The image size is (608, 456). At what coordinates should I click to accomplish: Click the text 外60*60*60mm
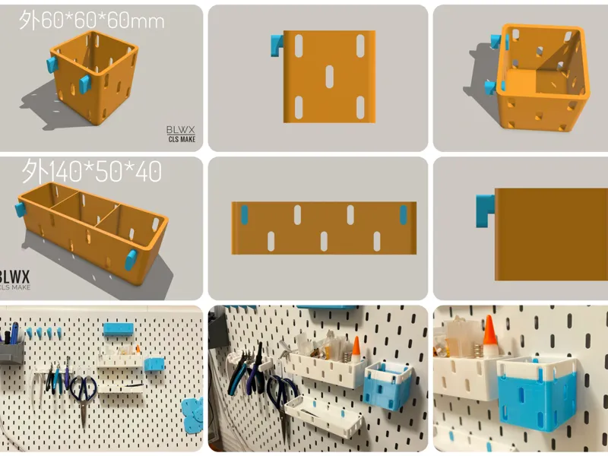coord(91,21)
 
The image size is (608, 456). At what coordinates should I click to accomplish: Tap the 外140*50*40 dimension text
coord(91,171)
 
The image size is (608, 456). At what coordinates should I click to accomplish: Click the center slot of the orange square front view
coord(330,77)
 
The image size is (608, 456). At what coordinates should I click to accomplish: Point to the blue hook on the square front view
coord(277,46)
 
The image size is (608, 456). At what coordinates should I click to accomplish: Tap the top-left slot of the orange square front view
coord(299,46)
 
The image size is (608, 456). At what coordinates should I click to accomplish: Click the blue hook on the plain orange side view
coord(486,211)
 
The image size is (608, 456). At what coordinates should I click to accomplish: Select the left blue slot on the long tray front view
coord(244,215)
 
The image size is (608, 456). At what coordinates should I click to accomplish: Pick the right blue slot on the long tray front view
coord(404,215)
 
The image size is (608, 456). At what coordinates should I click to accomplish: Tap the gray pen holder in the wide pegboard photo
coord(11,349)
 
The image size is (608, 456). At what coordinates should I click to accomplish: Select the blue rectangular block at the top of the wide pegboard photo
coord(119,330)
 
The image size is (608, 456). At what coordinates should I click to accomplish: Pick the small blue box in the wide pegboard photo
coord(154,365)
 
